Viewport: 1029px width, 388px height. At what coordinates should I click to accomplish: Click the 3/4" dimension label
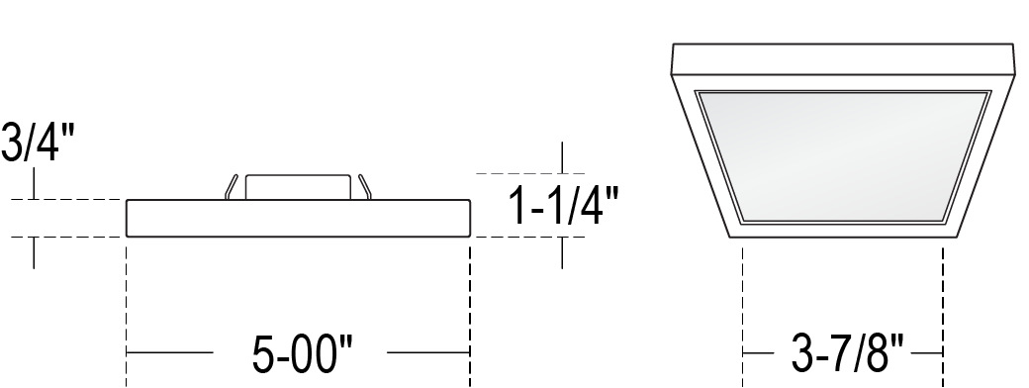pos(38,142)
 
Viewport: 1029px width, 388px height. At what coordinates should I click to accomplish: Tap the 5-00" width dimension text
pos(302,353)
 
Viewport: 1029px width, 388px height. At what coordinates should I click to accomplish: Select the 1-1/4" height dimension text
pos(564,206)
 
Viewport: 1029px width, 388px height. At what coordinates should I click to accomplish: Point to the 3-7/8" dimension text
pos(847,353)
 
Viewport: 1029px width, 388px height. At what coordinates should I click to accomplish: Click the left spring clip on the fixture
pos(231,186)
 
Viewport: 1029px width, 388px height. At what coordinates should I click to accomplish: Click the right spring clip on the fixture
pos(365,186)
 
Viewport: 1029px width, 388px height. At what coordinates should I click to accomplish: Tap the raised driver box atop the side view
pos(298,187)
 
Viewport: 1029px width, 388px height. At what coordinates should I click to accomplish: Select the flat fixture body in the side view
pos(298,218)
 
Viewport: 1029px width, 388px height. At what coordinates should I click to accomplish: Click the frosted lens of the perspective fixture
pos(843,157)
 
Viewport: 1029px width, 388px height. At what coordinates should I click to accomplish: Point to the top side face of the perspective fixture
pos(843,59)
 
